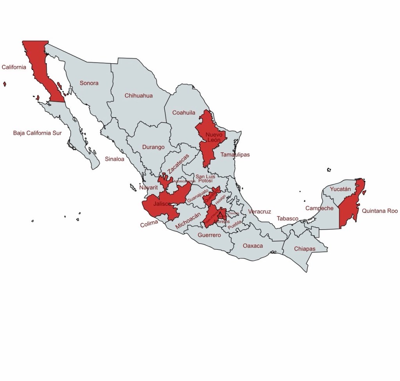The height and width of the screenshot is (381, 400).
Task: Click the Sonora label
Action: click(89, 83)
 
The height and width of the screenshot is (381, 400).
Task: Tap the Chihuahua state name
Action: click(139, 96)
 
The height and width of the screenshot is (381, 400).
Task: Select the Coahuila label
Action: click(184, 113)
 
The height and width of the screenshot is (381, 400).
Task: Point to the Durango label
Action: click(153, 147)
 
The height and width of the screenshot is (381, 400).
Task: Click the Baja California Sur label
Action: click(37, 133)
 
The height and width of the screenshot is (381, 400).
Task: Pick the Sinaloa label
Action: click(114, 159)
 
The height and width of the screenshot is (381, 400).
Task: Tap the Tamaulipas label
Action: click(235, 155)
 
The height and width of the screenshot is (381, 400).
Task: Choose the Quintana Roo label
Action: click(380, 211)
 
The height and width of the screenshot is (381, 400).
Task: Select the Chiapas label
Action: click(305, 249)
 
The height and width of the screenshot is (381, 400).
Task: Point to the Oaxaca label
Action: click(253, 246)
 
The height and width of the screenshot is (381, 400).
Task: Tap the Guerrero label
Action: click(209, 235)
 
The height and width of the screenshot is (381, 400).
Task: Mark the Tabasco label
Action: click(288, 219)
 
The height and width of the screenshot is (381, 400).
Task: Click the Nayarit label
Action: click(148, 188)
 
